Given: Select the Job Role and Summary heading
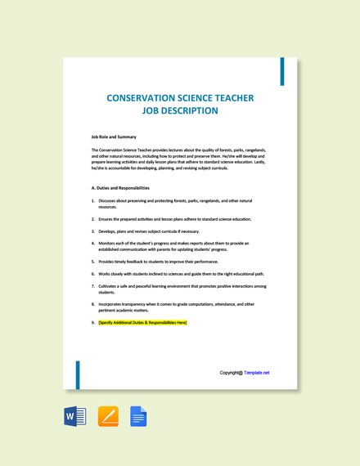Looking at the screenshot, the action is (x=114, y=137).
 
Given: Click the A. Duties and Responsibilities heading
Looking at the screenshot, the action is (x=120, y=188).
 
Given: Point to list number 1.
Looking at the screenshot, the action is (x=93, y=200).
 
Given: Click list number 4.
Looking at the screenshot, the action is (x=93, y=243).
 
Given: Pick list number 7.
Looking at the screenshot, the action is (x=93, y=286).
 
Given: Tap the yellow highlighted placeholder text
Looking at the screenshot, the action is (x=142, y=323).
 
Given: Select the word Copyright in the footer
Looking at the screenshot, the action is (x=230, y=373).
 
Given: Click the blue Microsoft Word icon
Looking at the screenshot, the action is (x=75, y=417).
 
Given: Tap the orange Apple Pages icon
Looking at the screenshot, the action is (x=108, y=417).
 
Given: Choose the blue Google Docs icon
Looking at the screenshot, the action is (x=138, y=417).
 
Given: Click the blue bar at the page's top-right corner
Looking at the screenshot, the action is (x=283, y=71).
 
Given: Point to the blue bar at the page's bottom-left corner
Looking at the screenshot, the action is (x=78, y=374).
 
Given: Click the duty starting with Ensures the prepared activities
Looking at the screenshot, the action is (x=174, y=219).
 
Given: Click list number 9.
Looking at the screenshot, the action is (x=93, y=323).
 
